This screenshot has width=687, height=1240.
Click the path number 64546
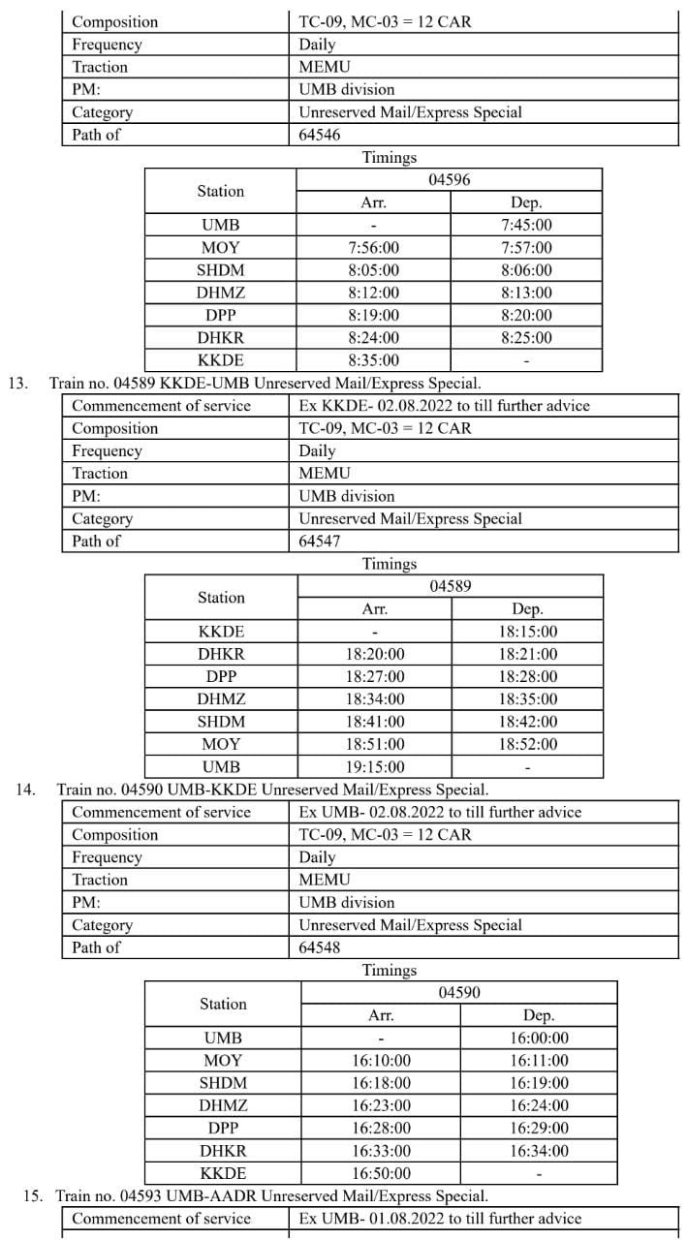coord(320,135)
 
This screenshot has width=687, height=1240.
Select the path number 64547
coord(320,542)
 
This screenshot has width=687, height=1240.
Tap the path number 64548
coord(320,947)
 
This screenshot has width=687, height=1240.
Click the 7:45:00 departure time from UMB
coord(526,225)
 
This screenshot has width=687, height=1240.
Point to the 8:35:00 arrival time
coord(374,359)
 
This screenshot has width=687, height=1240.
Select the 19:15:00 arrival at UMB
coord(375,766)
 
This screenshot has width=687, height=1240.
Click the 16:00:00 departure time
coord(539,1038)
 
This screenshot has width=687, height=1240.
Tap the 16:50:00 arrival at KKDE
coord(381,1173)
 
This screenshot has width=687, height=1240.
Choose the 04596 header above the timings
coord(450,180)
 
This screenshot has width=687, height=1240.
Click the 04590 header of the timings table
coord(459,992)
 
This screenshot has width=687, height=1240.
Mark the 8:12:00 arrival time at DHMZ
coord(374,293)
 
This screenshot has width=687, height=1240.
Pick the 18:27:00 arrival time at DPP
coord(375,676)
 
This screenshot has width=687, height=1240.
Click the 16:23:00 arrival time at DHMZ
coord(381,1105)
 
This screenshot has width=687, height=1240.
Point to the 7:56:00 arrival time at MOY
coord(374,248)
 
